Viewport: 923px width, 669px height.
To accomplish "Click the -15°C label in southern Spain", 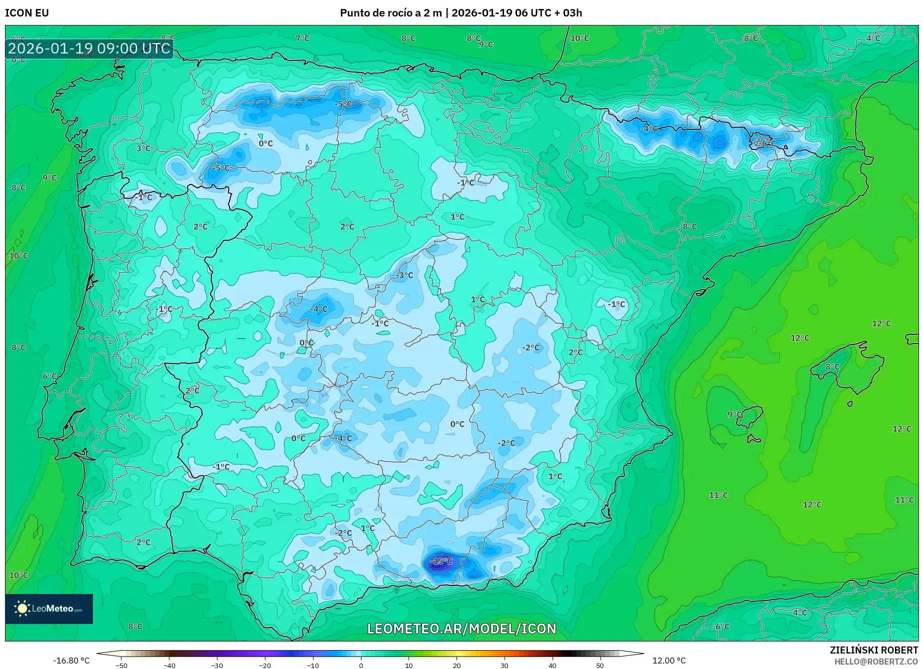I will coord(440,561).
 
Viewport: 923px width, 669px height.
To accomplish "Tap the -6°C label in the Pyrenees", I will coord(765,143).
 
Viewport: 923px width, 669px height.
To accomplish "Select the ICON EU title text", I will coord(27,13).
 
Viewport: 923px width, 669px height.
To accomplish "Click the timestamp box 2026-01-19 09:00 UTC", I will coord(89,48).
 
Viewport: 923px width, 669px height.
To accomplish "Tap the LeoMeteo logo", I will coord(49,608).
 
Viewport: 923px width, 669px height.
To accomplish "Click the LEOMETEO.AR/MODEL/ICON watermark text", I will coord(461,628).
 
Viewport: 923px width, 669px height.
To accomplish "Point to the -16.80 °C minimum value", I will coord(71,660).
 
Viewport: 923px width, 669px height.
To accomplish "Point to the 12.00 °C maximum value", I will coord(668,660).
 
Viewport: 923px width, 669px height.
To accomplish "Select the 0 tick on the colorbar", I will coord(361,665).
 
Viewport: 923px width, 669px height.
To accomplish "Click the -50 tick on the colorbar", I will coord(121,665).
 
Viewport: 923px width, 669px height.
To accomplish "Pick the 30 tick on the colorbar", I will coord(504,665).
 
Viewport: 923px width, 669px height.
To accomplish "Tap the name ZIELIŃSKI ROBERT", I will coord(873,650).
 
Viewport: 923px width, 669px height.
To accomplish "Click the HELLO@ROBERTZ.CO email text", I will coord(875,661).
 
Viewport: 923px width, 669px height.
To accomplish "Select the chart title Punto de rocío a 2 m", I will coord(390,13).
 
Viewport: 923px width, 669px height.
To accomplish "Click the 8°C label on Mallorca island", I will coord(832,366).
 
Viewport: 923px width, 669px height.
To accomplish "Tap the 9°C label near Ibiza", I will coord(734,414).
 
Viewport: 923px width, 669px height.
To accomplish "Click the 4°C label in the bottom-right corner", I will coord(799,612).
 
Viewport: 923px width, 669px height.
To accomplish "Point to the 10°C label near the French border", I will coord(579,38).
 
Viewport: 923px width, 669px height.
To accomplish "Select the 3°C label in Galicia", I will coord(143,148).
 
